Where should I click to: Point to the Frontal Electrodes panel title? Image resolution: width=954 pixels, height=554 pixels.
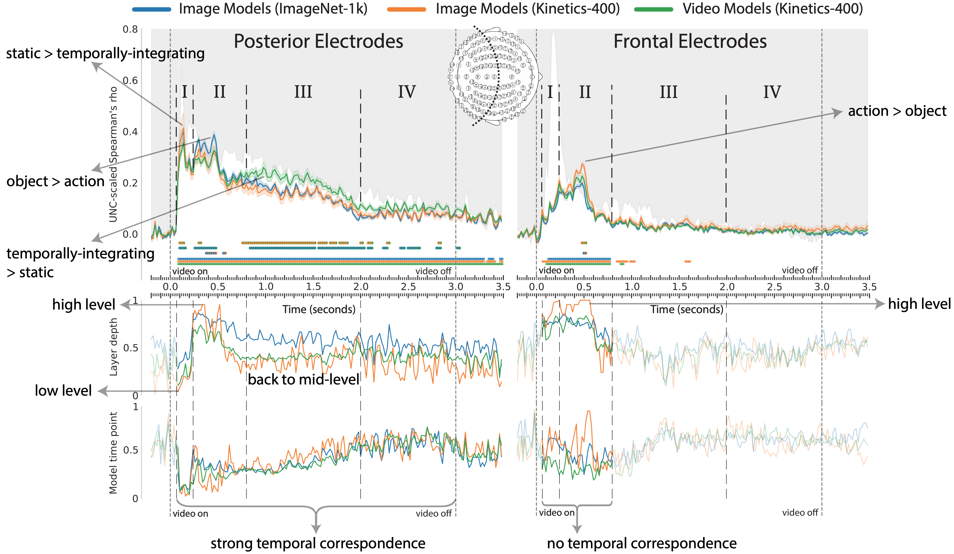click(x=690, y=41)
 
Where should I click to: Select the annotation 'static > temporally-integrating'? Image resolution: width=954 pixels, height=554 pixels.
click(x=105, y=53)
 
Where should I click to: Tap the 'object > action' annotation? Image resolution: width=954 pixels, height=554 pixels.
click(x=55, y=181)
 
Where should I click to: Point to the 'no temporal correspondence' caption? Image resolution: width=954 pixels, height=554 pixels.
click(x=642, y=543)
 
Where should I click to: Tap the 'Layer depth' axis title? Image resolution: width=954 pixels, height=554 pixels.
click(x=113, y=347)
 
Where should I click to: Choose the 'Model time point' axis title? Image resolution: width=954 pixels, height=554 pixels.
click(x=113, y=453)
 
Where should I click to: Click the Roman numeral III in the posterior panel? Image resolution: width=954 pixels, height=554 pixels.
click(x=303, y=92)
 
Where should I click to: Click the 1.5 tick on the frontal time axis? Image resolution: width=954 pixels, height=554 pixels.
click(x=679, y=287)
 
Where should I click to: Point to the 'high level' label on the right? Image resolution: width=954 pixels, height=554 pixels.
click(x=919, y=304)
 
